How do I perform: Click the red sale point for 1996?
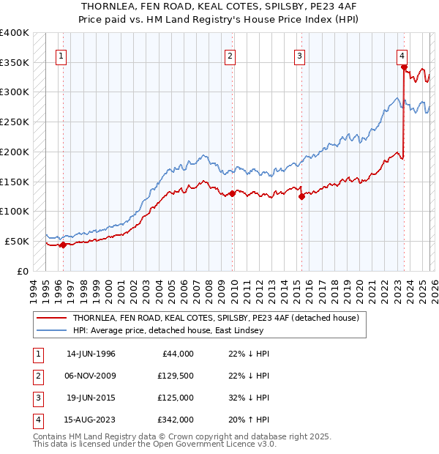coord(63,245)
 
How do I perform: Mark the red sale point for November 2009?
coord(233,193)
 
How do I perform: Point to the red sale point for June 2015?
coord(301,196)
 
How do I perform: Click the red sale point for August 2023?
coord(404,67)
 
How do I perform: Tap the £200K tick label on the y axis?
coord(14,152)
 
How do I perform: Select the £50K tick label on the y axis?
coord(17,241)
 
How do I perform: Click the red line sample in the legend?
coord(51,319)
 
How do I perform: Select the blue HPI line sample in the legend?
coord(51,331)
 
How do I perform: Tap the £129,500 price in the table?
coord(176,376)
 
